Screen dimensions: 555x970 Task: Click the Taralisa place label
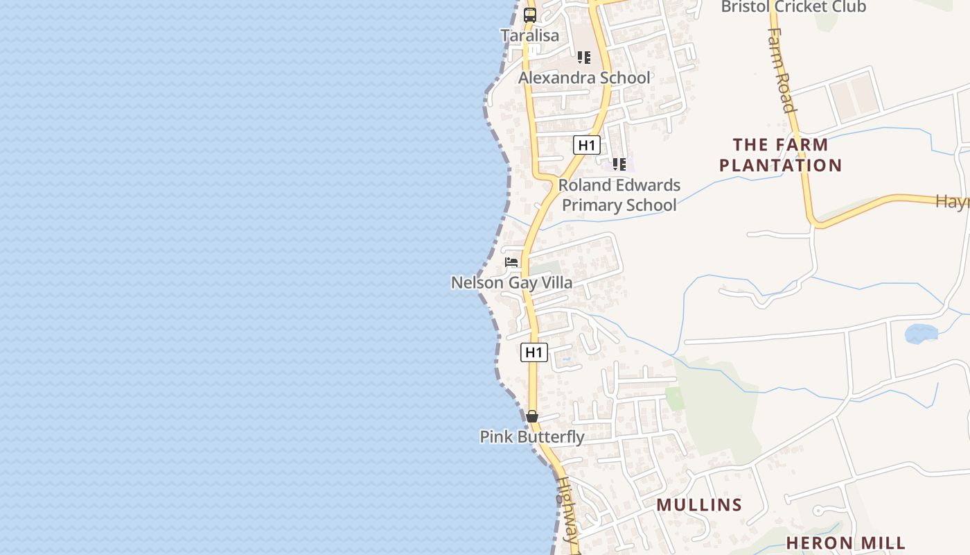coord(529,35)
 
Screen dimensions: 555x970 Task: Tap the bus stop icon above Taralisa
coord(530,15)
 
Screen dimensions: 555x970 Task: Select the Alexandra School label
coord(584,78)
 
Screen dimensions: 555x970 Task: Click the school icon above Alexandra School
coord(584,58)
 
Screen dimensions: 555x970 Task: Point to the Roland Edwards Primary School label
coord(619,195)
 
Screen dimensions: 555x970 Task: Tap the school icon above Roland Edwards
coord(619,164)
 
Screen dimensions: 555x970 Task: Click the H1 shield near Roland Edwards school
coord(587,145)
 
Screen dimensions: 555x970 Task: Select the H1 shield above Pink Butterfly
coord(534,352)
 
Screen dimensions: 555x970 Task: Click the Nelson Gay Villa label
coord(511,282)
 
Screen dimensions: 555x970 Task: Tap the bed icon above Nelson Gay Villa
coord(511,262)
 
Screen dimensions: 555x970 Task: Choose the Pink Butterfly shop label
coord(532,437)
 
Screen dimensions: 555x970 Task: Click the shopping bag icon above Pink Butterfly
coord(532,416)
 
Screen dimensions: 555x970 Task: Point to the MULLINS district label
coord(699,505)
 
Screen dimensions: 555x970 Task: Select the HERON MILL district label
coord(846,543)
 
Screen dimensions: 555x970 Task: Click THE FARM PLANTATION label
coord(780,155)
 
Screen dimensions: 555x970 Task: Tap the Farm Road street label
coord(781,69)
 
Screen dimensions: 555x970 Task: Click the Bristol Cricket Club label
coord(793,7)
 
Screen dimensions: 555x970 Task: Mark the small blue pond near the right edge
coord(921,334)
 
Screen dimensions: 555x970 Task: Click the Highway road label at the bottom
coord(567,510)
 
